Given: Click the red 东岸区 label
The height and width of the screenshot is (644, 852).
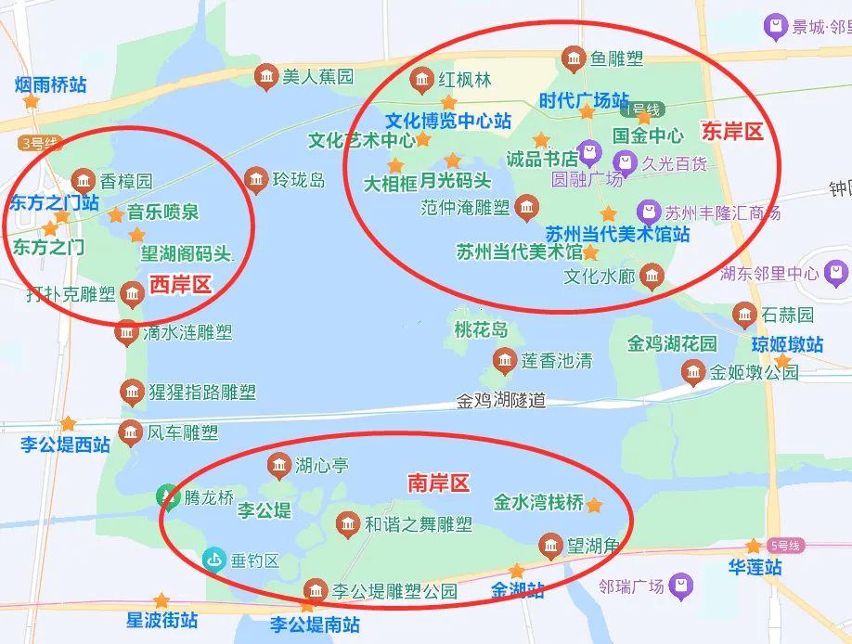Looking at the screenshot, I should [x=733, y=131].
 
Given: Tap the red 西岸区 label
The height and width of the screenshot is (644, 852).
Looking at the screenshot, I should [x=181, y=285].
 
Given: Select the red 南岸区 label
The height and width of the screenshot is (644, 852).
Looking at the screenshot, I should [x=439, y=483].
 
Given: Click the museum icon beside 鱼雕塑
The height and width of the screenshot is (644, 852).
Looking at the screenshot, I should [x=574, y=59].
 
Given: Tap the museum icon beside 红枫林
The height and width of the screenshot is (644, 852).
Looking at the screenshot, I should [x=422, y=80].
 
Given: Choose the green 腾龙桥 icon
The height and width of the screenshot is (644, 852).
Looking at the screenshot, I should [x=168, y=497].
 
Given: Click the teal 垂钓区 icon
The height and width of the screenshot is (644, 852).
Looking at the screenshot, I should [x=214, y=560].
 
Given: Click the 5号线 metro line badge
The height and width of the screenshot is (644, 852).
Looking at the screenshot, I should [x=784, y=546].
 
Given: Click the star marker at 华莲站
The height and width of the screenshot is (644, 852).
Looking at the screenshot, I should [x=755, y=547].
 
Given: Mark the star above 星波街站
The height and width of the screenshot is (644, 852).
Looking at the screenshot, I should [x=161, y=600].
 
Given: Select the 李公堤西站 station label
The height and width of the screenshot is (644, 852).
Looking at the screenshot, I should [x=65, y=444].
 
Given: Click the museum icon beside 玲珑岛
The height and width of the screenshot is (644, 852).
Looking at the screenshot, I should [x=256, y=180].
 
